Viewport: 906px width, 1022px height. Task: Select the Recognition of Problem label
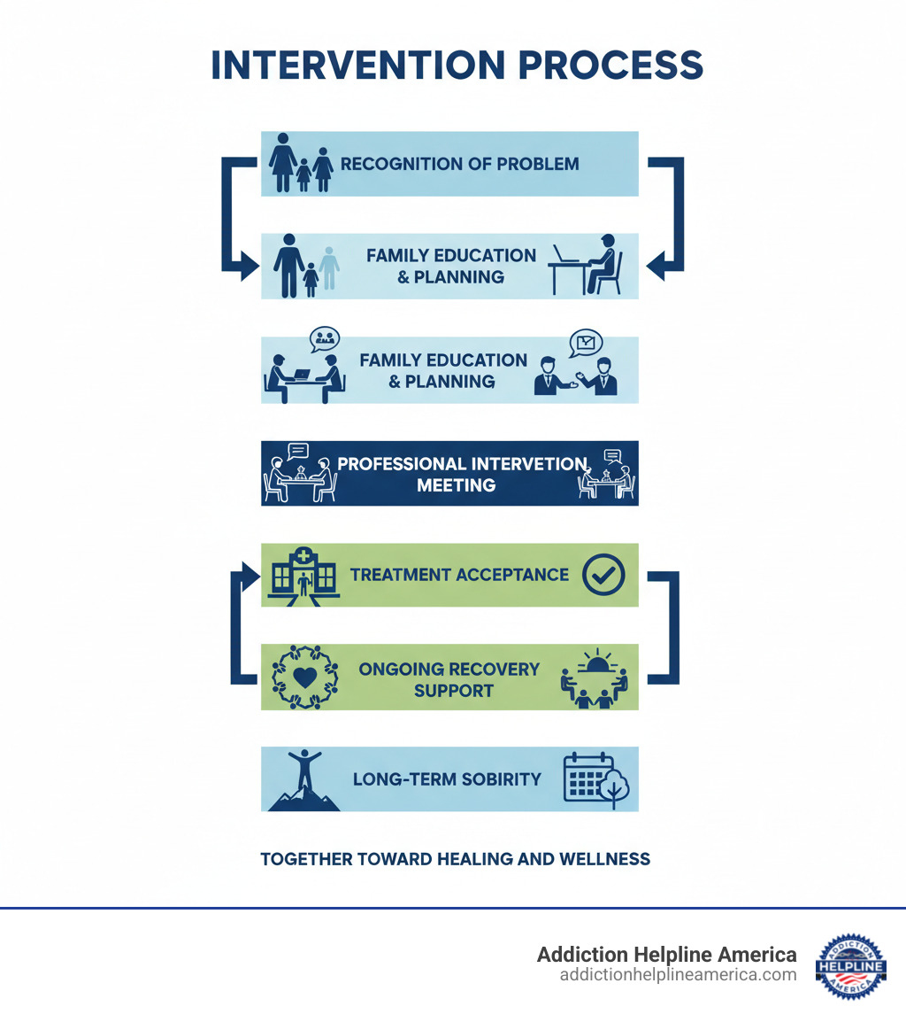point(459,164)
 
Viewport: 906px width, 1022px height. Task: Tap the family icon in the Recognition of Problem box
point(301,163)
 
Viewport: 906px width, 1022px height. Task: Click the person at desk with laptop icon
point(587,265)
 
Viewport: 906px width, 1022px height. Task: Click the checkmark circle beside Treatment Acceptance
point(603,575)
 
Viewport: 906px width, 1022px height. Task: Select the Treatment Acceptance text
point(459,575)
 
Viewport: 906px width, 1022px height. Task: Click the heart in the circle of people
point(303,677)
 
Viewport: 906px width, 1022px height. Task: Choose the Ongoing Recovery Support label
point(449,679)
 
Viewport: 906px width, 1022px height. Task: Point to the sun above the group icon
point(595,662)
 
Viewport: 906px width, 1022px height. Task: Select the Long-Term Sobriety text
point(447,779)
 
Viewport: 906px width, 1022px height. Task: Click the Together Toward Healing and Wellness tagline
point(455,859)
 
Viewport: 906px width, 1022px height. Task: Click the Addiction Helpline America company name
point(666,955)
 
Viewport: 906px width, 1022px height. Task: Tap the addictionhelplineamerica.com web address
point(678,974)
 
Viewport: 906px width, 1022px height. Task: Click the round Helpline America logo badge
point(849,965)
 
